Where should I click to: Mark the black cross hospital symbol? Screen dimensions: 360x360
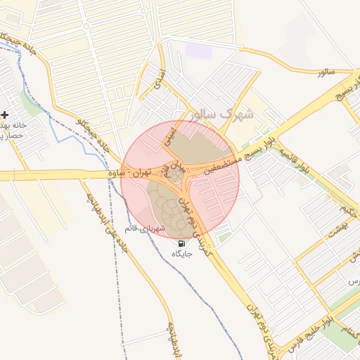click(5, 114)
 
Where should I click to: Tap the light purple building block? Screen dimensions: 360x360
click(200, 51)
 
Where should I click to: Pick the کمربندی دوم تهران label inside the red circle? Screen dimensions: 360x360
click(188, 211)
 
